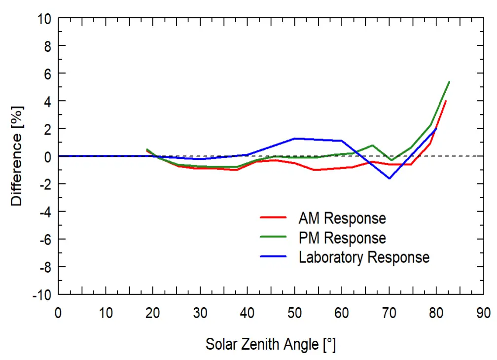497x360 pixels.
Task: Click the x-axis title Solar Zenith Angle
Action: click(270, 344)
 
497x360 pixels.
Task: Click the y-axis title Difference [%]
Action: click(16, 156)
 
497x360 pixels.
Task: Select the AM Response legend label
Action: click(342, 218)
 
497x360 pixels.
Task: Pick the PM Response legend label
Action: click(342, 238)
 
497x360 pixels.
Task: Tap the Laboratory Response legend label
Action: click(364, 257)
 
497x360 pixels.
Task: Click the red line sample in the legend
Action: click(273, 218)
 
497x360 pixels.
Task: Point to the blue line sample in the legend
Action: click(273, 257)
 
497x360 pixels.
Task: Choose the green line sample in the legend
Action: click(273, 238)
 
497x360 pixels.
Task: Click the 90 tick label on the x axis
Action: click(483, 314)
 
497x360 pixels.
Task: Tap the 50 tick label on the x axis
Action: click(294, 314)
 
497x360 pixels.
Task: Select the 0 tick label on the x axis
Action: click(58, 314)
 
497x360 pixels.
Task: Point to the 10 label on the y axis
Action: click(44, 19)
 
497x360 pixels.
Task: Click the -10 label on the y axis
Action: click(41, 295)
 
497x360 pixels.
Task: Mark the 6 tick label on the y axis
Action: click(47, 73)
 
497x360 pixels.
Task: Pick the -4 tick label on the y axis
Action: click(44, 212)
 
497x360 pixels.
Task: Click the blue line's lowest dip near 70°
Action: click(390, 179)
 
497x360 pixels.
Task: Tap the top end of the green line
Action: click(449, 82)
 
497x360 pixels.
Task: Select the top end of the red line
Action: click(446, 101)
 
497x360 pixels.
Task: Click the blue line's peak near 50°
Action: click(294, 139)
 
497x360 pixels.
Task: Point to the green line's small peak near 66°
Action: click(373, 145)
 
